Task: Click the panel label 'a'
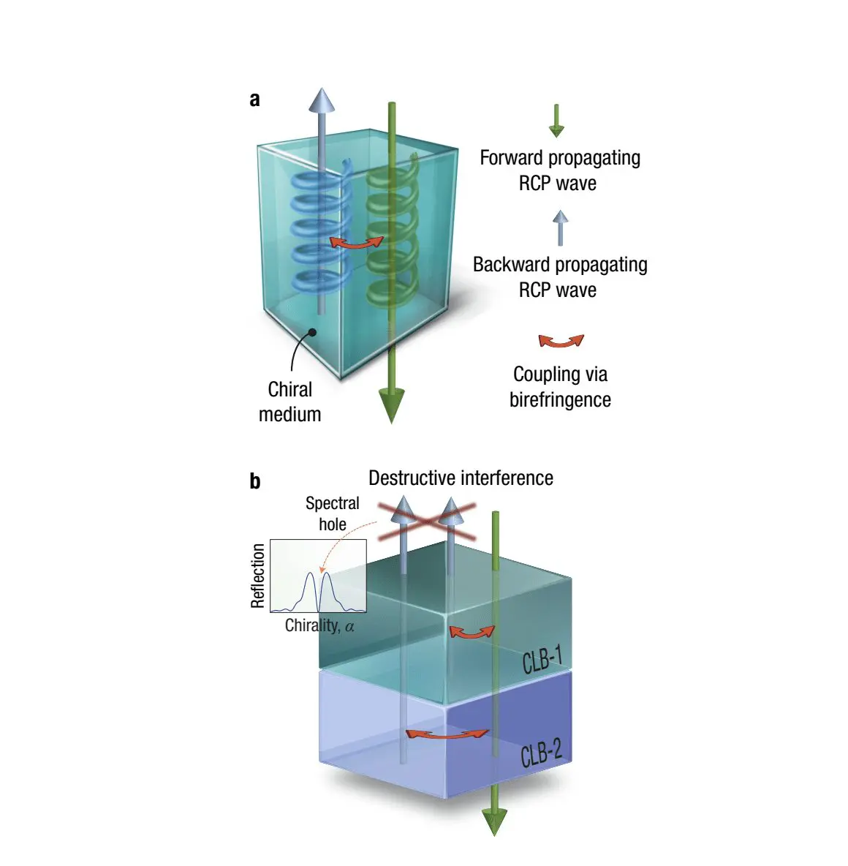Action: [254, 99]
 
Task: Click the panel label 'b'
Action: [255, 481]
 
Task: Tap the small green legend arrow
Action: [556, 121]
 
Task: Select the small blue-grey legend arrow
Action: [561, 227]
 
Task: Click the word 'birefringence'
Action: [561, 400]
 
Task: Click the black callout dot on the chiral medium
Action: [312, 333]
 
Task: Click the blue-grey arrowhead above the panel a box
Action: [322, 100]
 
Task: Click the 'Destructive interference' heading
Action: [461, 478]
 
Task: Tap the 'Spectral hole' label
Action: [333, 513]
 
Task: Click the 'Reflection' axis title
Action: [258, 576]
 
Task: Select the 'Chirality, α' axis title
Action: [319, 626]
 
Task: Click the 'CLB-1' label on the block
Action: [542, 660]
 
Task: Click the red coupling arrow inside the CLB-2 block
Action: [447, 735]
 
